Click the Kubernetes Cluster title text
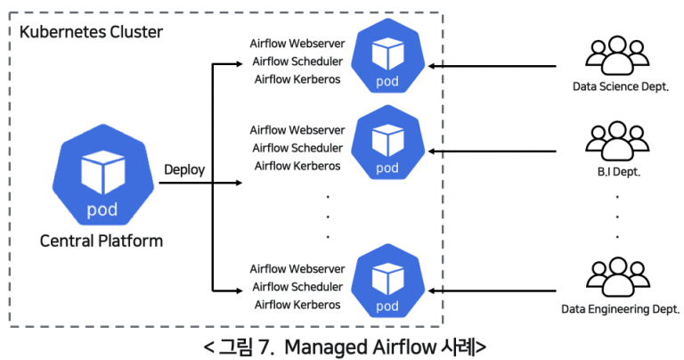coord(91,32)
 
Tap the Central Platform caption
coord(101,241)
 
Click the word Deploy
coord(184,169)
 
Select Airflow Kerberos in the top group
coord(297,79)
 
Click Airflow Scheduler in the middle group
coord(297,148)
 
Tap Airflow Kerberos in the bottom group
coord(297,305)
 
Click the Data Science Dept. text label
coord(621,87)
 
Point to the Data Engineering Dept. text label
coord(621,310)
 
